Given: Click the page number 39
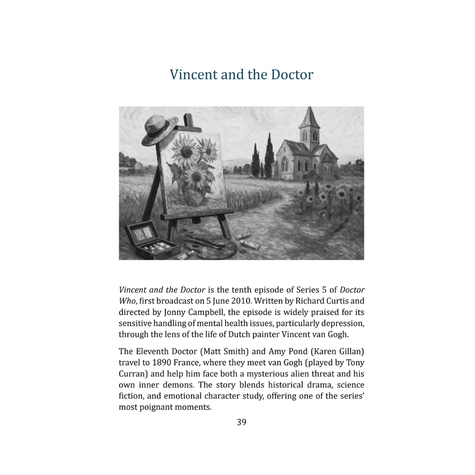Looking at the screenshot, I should pos(241,422).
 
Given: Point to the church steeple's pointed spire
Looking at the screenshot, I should pos(309,116).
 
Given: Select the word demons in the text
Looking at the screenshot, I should pos(182,385).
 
